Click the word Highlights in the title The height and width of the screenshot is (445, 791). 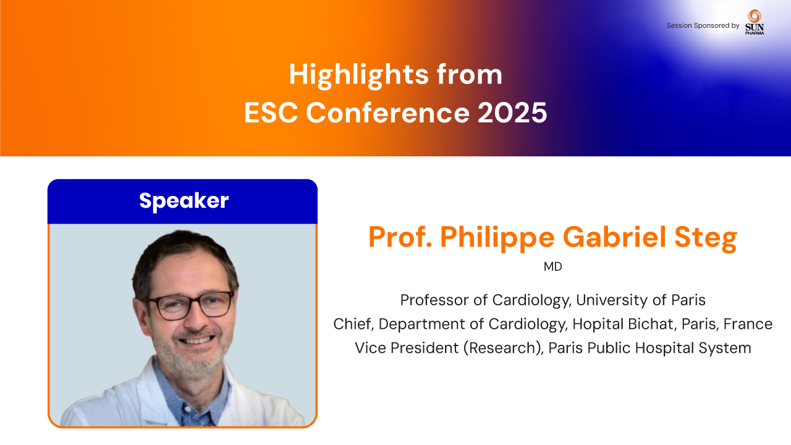359,75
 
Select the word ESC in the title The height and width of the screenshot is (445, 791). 271,112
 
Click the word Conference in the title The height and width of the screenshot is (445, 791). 387,112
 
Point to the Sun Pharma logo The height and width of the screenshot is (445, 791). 755,22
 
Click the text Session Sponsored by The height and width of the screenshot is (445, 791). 703,25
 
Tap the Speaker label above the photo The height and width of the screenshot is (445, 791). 184,201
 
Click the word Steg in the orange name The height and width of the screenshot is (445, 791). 706,237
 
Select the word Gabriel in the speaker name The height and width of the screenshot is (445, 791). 614,237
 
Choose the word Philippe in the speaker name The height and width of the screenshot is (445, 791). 497,237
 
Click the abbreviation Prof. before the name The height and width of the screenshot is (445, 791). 400,237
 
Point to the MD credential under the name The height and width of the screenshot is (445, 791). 552,266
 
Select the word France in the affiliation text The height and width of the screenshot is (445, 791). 748,324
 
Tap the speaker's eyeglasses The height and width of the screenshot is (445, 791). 189,305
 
